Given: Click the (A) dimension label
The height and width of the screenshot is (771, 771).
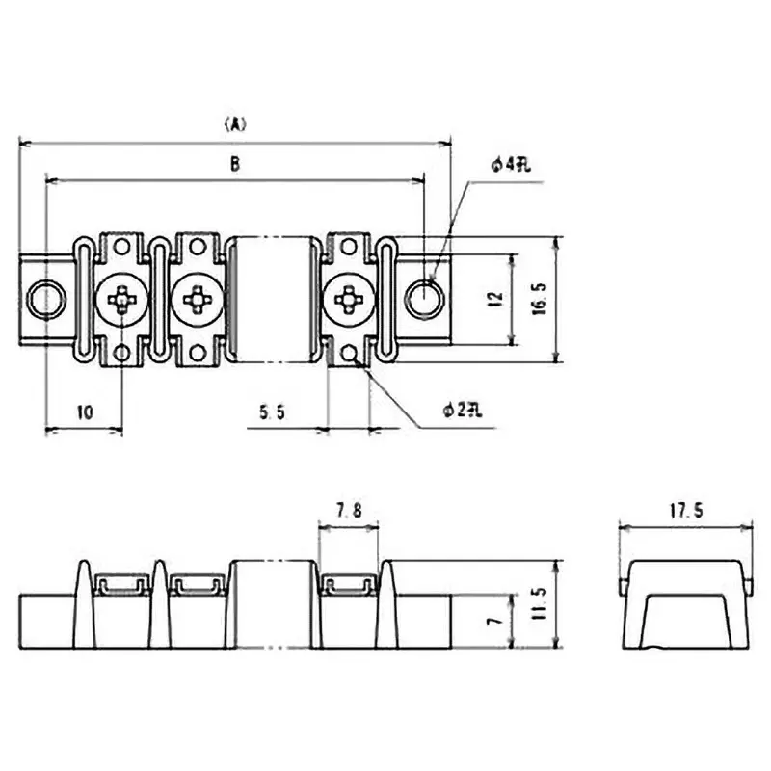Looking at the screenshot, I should click(235, 123).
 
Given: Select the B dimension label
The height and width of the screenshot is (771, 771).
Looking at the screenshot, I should click(234, 165).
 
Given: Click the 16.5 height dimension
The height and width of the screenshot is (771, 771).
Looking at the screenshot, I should click(539, 299).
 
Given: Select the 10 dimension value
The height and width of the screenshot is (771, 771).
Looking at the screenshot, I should click(84, 412).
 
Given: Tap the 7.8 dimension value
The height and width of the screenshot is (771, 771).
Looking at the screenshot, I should click(348, 512).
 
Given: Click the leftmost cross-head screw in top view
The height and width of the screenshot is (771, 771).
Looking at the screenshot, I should click(122, 301).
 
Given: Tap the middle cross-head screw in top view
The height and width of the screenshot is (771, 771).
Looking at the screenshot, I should click(197, 301).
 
